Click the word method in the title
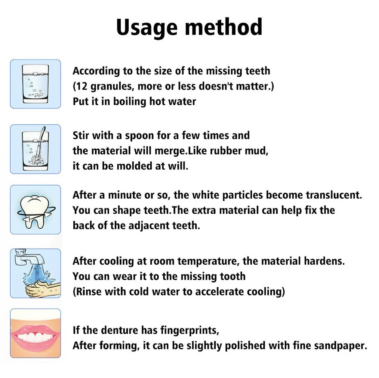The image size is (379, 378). point(223,27)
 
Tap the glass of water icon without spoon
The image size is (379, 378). point(35,84)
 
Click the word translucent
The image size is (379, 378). point(334,195)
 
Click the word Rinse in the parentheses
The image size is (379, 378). point(89,291)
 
